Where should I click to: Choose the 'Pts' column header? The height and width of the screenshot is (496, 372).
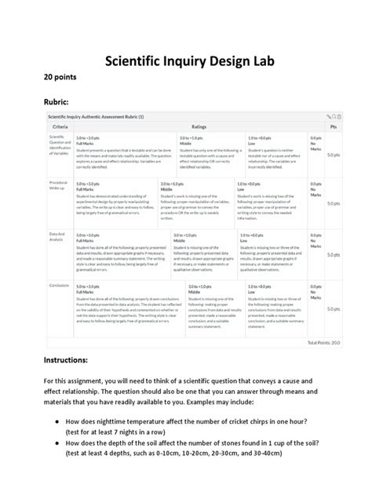333,126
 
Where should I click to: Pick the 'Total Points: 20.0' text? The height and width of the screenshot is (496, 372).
323,343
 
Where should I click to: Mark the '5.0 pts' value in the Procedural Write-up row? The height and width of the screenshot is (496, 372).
333,203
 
